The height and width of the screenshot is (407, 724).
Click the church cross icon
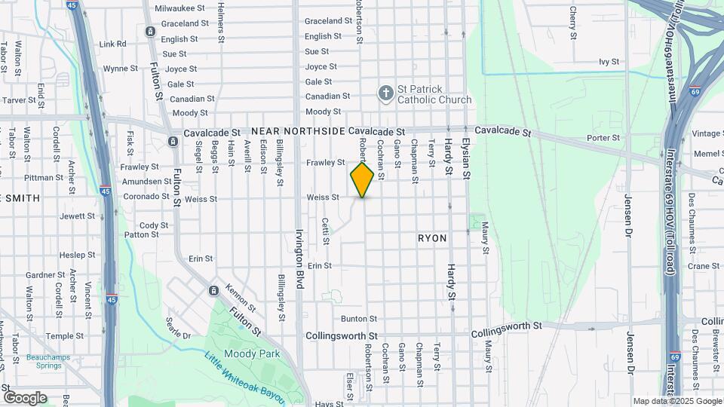coord(385,93)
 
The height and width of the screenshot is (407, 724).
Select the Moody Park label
coord(252,353)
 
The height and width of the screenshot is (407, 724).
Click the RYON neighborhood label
coord(432,238)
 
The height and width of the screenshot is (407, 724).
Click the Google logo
coord(25,397)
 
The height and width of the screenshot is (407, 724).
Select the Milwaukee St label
coord(180,8)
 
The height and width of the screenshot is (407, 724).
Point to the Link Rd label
coord(112,44)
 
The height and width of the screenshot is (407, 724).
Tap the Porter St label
coord(603,138)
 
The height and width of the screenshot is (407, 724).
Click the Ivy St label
coord(609,62)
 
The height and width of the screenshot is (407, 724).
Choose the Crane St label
coord(704,266)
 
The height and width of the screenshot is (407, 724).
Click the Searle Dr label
coord(179,327)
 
